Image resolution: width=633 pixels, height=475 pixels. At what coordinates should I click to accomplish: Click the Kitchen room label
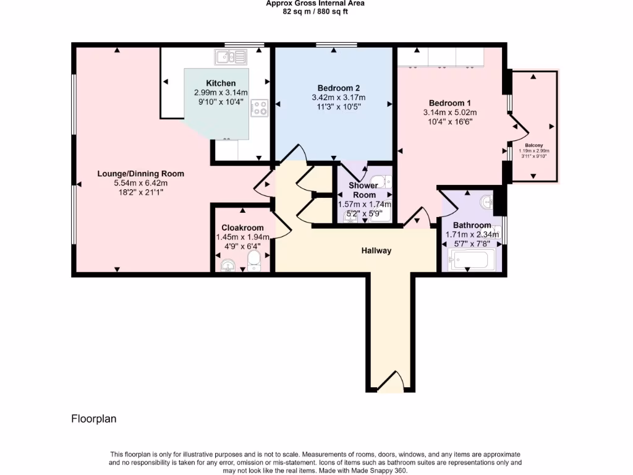point(221,83)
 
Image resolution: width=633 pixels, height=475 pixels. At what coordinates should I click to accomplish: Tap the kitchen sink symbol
point(231,57)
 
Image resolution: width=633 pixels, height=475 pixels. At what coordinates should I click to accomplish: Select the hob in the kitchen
point(260,108)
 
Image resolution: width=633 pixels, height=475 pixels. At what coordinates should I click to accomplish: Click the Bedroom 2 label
point(338,88)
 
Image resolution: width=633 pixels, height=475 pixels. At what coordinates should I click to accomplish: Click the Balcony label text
point(534,145)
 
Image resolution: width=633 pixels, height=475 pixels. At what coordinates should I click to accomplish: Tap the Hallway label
point(376,250)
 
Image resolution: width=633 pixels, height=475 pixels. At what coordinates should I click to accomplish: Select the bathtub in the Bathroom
point(471,259)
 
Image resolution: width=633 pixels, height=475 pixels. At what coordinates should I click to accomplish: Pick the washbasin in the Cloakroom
point(228,265)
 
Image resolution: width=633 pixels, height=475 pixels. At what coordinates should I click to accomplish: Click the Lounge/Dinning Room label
point(140,174)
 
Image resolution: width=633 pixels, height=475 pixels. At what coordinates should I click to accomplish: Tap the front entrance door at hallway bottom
point(391,382)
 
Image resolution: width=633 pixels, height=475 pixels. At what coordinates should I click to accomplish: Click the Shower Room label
point(363,190)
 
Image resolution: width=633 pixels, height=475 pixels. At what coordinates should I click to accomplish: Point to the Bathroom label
point(472,225)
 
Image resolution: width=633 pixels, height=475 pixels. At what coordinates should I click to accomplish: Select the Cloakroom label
point(242,228)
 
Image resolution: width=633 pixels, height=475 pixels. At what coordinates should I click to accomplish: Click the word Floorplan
point(94,419)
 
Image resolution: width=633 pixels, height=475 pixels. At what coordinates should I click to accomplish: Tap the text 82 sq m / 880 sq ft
point(315,12)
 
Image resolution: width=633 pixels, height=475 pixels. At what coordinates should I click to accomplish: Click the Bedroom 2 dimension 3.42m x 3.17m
point(338,97)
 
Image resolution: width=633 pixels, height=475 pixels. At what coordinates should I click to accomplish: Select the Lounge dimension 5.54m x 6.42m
point(140,183)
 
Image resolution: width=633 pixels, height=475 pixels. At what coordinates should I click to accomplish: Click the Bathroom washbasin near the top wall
point(487,202)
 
